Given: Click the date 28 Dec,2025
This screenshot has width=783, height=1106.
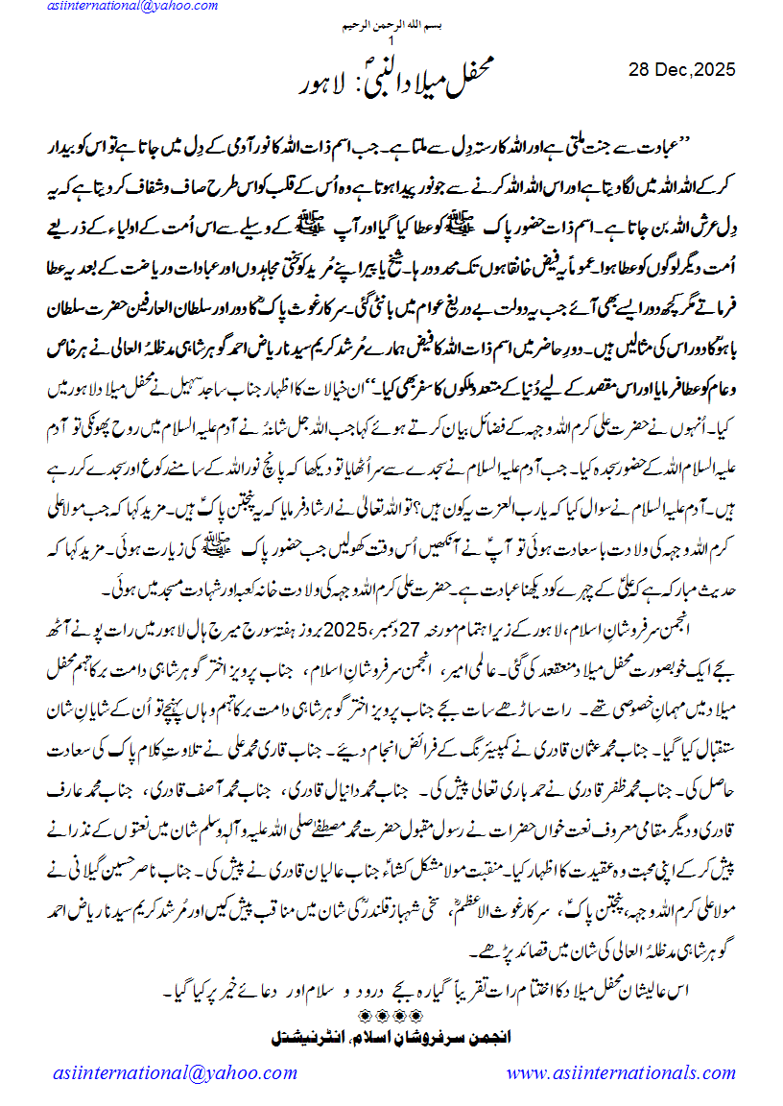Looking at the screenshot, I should (681, 69).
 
